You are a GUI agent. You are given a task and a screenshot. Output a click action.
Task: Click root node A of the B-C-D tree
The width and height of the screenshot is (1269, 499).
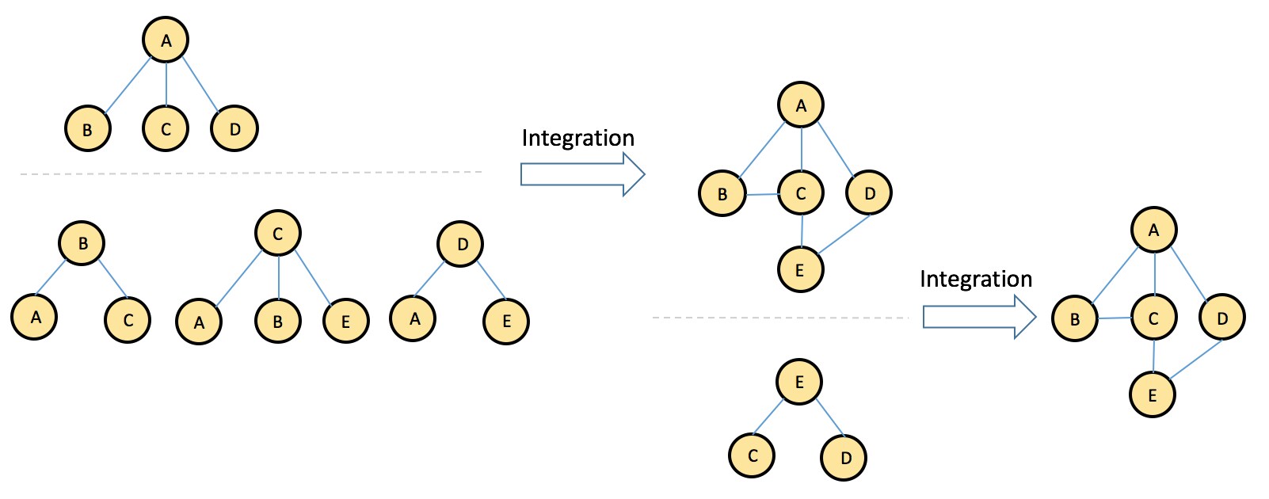166,40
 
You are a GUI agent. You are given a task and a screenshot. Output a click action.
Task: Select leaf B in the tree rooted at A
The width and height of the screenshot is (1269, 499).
87,128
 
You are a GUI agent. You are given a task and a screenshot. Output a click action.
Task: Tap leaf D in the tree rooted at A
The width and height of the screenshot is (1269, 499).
234,128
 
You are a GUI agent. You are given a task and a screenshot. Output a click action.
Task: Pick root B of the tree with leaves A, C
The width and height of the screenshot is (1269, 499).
82,243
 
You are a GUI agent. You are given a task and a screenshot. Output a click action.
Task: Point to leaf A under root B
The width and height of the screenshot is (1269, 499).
35,317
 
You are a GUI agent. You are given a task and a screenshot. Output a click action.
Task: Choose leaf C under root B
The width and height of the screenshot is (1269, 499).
128,320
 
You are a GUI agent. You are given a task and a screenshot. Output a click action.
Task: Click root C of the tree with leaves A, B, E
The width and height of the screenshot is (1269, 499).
277,233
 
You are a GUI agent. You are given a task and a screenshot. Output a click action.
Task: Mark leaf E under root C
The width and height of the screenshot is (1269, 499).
345,321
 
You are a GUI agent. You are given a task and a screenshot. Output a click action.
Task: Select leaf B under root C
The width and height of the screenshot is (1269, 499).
277,321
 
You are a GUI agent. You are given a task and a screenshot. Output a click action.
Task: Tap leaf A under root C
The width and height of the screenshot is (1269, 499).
199,322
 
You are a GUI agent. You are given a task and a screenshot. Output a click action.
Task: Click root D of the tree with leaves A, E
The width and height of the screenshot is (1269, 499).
460,244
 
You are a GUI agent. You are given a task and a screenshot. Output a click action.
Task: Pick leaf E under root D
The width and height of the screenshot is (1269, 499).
506,321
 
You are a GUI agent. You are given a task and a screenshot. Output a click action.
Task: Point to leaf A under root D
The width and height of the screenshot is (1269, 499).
413,318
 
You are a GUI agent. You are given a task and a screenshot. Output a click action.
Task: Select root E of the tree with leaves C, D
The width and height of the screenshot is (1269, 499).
799,382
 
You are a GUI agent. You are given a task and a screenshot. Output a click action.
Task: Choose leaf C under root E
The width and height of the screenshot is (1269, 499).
752,455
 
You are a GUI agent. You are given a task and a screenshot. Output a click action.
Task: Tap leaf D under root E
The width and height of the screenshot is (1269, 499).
844,457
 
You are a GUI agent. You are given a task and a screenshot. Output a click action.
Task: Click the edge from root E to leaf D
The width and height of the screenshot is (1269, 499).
830,418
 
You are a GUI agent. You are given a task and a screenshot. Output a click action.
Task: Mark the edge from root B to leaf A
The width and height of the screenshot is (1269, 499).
51,277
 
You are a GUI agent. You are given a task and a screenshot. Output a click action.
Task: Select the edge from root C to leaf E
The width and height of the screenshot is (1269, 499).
312,276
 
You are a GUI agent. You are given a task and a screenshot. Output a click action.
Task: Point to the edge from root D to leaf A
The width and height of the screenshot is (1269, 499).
429,279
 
